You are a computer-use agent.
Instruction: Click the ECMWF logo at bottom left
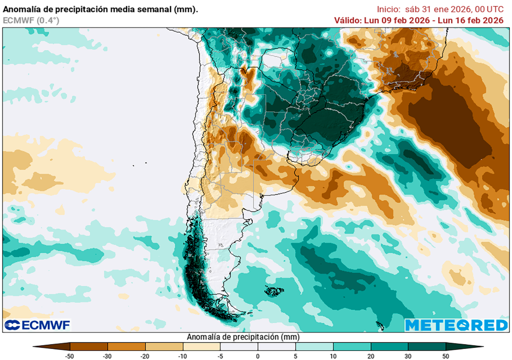point(37,325)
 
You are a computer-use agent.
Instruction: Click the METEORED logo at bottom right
point(456,325)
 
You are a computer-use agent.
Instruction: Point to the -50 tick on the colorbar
point(70,356)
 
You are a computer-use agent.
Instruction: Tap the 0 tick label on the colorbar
point(257,356)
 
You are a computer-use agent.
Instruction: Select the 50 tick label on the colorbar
point(445,356)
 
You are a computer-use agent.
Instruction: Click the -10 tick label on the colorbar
point(182,356)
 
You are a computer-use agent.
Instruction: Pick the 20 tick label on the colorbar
point(370,356)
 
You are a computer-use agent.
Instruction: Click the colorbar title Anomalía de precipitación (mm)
point(242,337)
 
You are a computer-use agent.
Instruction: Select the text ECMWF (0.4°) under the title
point(31,20)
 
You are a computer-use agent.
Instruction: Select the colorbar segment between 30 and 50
point(426,346)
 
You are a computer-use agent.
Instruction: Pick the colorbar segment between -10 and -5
point(201,346)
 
